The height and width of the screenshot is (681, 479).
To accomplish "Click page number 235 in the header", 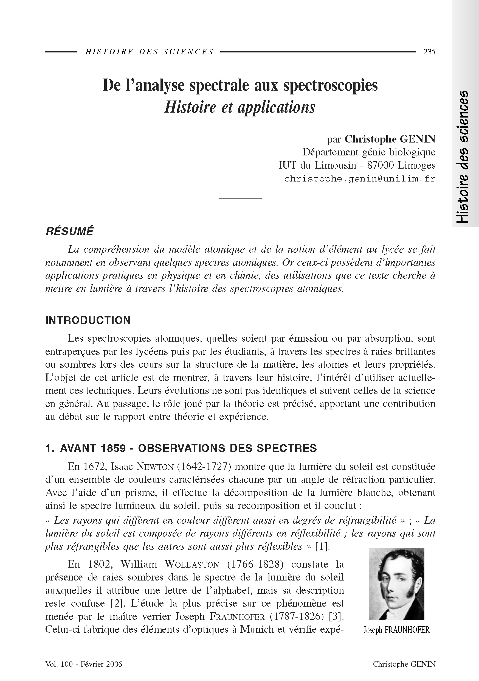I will pos(429,52).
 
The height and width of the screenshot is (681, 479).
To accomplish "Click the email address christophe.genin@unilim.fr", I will pos(360,179).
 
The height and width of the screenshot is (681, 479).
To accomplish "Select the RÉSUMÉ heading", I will pos(69,231).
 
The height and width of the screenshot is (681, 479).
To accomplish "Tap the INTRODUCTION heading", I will pos(88,320).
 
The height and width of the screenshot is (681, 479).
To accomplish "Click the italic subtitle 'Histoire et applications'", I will pos(240,107).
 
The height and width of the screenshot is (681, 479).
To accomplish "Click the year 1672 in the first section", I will pos(95,467).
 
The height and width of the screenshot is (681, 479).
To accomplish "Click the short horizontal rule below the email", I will pos(240,197).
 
